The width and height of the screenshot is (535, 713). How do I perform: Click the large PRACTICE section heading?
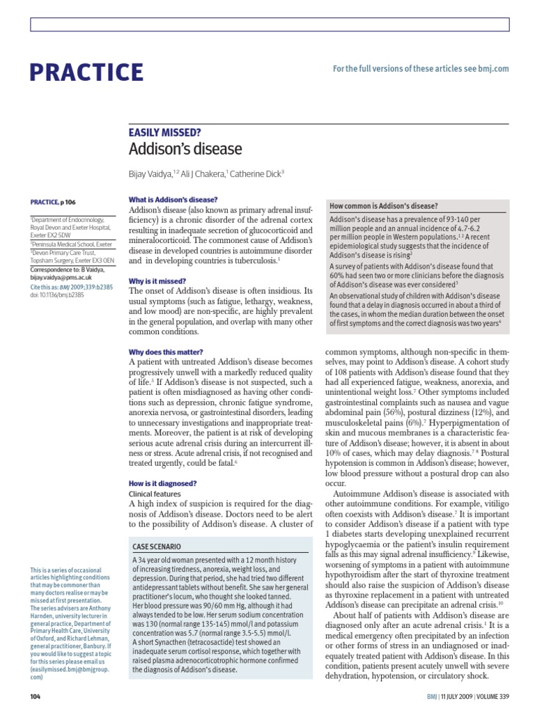pyautogui.click(x=87, y=72)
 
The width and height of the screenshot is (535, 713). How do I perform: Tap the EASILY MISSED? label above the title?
pyautogui.click(x=165, y=131)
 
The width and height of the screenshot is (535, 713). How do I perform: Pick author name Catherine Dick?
pyautogui.click(x=258, y=174)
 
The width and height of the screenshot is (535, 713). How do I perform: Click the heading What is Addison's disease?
pyautogui.click(x=173, y=200)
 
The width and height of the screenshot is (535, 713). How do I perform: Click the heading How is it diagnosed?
pyautogui.click(x=163, y=483)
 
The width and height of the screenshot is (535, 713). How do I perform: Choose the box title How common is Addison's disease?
pyautogui.click(x=384, y=206)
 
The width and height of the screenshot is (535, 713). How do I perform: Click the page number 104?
pyautogui.click(x=36, y=696)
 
